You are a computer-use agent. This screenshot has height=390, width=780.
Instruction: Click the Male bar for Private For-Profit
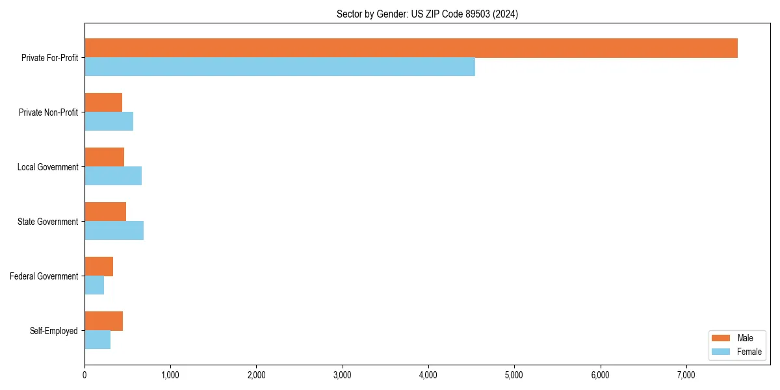pos(411,48)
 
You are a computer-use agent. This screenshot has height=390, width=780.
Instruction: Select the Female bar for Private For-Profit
pos(279,67)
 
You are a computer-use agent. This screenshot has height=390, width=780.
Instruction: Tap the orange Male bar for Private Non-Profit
pos(103,103)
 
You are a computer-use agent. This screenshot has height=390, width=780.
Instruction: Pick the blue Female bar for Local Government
pos(113,176)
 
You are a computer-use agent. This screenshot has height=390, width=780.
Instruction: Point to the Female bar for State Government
pos(114,231)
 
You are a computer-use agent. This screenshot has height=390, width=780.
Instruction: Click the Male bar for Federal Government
pos(99,266)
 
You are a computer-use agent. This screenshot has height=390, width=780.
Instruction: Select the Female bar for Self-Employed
pos(97,340)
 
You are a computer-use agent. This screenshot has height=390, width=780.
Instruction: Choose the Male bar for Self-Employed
pos(103,321)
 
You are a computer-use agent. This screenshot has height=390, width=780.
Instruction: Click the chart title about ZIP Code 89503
pos(427,14)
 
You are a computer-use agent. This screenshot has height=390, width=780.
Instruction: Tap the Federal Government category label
pos(44,276)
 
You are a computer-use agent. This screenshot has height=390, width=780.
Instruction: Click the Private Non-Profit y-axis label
pos(48,112)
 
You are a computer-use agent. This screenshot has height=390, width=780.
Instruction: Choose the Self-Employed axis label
pos(54,331)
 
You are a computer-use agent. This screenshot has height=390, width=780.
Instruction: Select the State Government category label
pos(47,222)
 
